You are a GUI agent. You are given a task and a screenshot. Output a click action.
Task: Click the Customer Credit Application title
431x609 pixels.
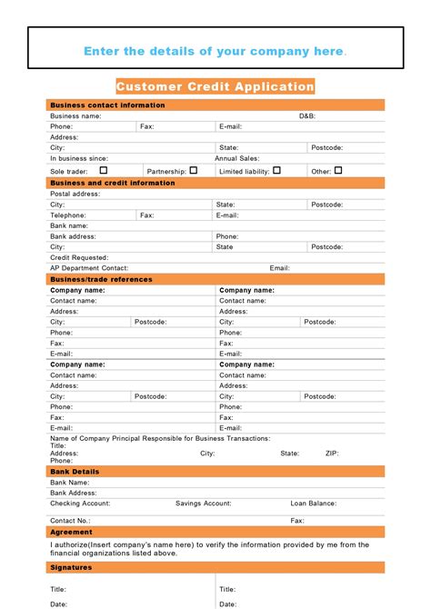215,86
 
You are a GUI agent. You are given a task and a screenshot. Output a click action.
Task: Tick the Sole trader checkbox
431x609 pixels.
103,170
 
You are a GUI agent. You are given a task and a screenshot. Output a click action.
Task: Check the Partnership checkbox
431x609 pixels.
193,170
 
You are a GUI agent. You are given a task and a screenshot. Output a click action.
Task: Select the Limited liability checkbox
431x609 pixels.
276,170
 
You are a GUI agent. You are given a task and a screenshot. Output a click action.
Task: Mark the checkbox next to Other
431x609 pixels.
338,170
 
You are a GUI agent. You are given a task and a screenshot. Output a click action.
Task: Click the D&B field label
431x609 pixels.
307,116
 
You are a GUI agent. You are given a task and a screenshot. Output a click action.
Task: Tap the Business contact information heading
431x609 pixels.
107,105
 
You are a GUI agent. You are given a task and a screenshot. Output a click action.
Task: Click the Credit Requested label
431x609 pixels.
79,257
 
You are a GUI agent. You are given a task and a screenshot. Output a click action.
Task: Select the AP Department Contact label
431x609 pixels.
89,268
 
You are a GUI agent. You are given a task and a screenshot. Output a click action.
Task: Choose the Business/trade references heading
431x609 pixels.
101,279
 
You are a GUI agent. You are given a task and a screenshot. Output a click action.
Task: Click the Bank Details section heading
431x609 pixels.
75,472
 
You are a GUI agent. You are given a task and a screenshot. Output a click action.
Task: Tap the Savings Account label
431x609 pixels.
203,503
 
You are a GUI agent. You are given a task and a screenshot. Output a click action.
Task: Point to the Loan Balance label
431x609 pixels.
314,503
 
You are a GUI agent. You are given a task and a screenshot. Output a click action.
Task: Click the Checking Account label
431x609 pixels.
80,503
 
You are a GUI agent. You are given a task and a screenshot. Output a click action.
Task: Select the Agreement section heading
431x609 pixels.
71,532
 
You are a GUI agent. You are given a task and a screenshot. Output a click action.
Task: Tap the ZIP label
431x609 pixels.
332,453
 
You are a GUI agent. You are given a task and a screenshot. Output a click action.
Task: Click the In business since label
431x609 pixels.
79,158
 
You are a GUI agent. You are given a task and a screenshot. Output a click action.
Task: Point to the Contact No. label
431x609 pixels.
70,521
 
